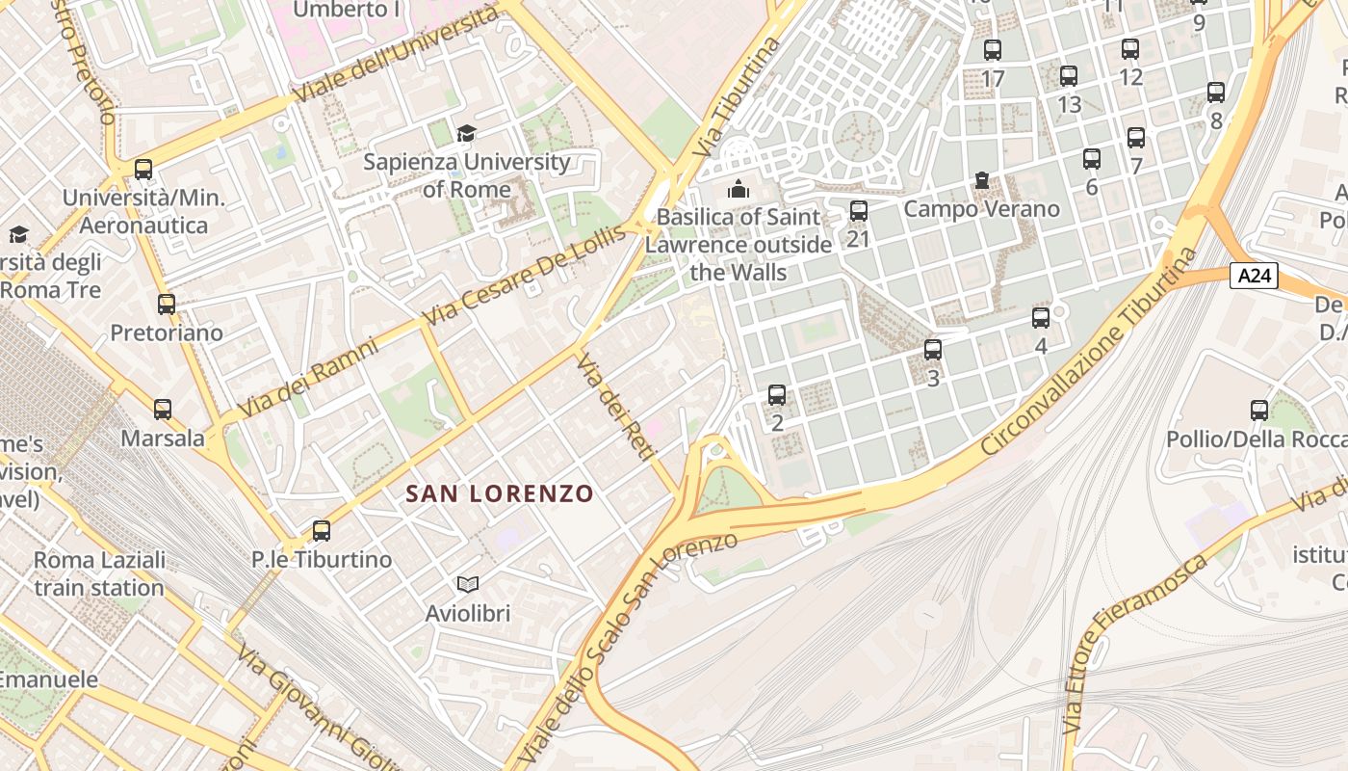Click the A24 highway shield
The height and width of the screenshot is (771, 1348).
click(1255, 277)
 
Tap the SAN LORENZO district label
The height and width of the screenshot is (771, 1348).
click(499, 493)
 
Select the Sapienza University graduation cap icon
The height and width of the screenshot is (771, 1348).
click(467, 133)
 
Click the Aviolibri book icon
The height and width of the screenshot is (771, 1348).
click(468, 584)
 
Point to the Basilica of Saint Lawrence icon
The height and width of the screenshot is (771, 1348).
click(739, 188)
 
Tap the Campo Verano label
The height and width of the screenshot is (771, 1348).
click(981, 209)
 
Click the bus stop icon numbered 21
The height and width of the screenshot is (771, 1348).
click(858, 211)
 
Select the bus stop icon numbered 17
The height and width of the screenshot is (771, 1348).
click(993, 50)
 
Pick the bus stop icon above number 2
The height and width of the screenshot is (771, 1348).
click(777, 395)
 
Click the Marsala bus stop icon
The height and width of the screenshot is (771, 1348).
click(163, 410)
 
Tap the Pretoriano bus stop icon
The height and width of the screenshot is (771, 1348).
click(167, 305)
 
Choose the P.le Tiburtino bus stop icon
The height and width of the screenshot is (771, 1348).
click(322, 530)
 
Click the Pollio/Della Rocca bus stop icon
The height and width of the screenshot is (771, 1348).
click(1258, 411)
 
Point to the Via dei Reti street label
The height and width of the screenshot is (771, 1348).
click(615, 406)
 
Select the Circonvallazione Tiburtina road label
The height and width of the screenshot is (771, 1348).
click(1092, 354)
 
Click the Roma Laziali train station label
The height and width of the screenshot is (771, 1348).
click(99, 573)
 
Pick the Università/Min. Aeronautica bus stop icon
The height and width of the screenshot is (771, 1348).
click(143, 170)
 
